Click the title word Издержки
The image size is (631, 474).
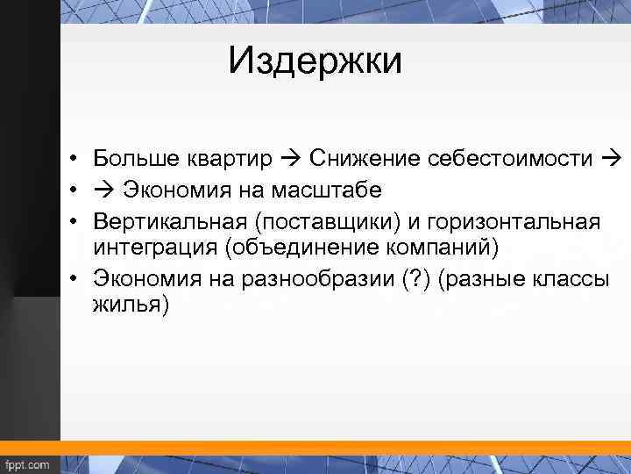click(x=315, y=61)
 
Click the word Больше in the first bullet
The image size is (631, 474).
click(x=136, y=158)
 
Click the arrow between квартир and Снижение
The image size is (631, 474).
click(x=293, y=159)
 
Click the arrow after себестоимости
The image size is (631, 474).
click(x=612, y=159)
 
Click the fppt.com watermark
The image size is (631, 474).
click(x=28, y=463)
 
